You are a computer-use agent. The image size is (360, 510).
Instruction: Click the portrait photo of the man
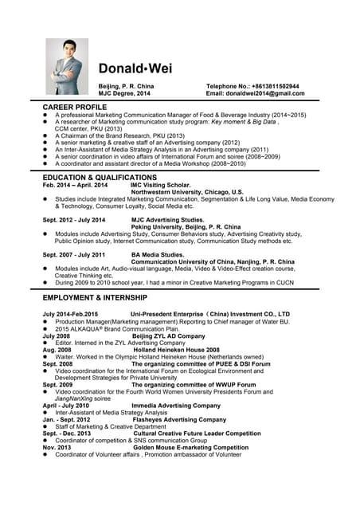[x=67, y=67]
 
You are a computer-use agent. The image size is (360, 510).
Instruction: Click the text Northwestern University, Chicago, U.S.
[x=187, y=192]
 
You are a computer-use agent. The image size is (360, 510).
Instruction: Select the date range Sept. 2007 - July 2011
[x=73, y=254]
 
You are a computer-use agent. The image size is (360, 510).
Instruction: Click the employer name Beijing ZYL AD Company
[x=168, y=336]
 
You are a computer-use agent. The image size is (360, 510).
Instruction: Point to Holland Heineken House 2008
[x=176, y=349]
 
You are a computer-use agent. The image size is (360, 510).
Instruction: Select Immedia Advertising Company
[x=176, y=405]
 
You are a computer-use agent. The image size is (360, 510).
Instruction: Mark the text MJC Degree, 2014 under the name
[x=123, y=93]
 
